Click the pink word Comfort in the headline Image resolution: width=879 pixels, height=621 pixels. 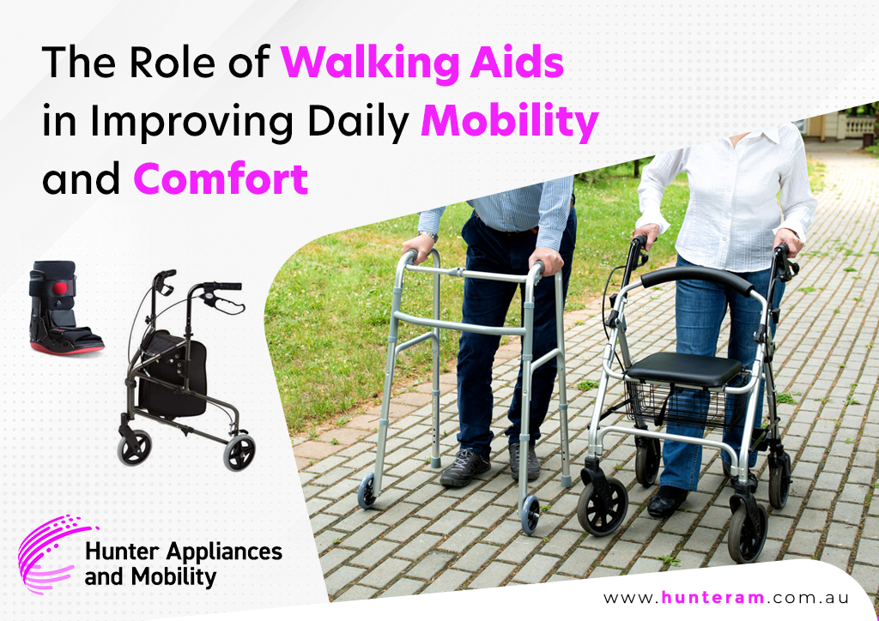(221, 178)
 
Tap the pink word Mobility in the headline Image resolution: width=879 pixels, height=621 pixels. (510, 121)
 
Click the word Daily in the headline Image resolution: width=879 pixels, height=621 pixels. (358, 121)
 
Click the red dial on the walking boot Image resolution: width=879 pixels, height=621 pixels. (60, 288)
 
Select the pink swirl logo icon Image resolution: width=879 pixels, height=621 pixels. (52, 553)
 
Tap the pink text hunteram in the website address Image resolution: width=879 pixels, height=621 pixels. (712, 597)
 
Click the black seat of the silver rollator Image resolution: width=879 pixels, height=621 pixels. (684, 368)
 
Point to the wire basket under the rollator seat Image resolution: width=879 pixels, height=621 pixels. (680, 403)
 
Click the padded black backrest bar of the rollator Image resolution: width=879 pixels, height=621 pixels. (698, 278)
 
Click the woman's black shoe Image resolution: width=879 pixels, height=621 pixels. (666, 501)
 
